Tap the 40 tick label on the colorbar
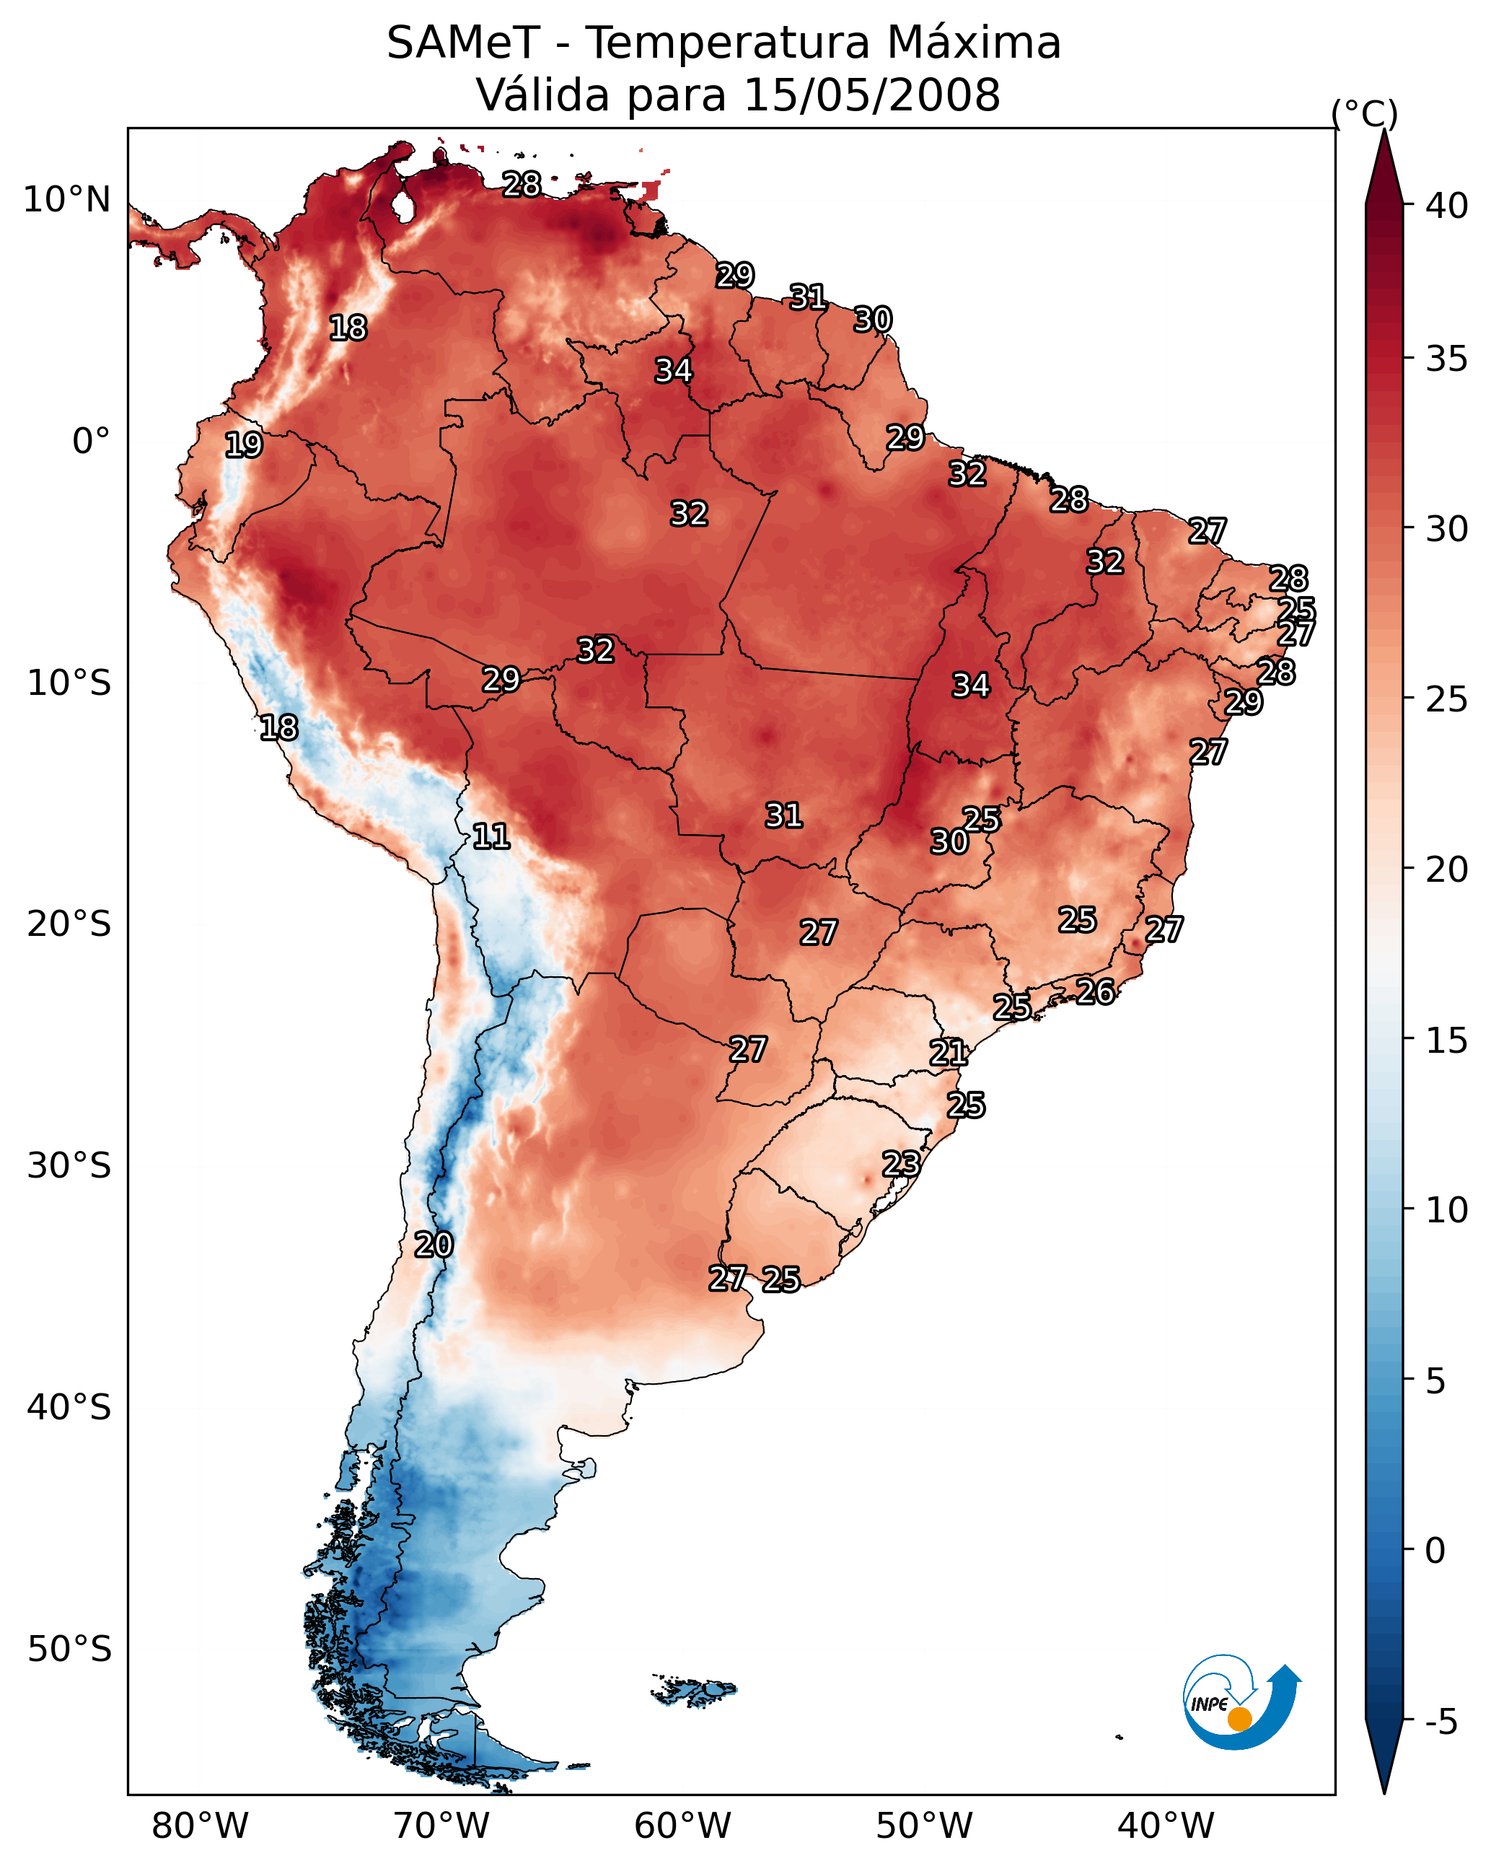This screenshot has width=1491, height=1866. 1447,206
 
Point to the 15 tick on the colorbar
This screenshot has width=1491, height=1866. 1447,1041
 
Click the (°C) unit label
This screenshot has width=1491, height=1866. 1364,113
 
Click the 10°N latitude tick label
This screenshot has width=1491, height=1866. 66,200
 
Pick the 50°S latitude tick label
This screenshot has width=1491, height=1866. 69,1650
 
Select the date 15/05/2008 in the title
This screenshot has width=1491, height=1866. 871,95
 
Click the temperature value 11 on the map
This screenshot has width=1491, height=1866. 491,836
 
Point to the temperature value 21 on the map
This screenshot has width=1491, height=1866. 949,1053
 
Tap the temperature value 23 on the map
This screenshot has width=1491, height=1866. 901,1163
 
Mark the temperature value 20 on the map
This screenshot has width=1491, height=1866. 433,1245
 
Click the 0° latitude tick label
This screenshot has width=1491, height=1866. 91,442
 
